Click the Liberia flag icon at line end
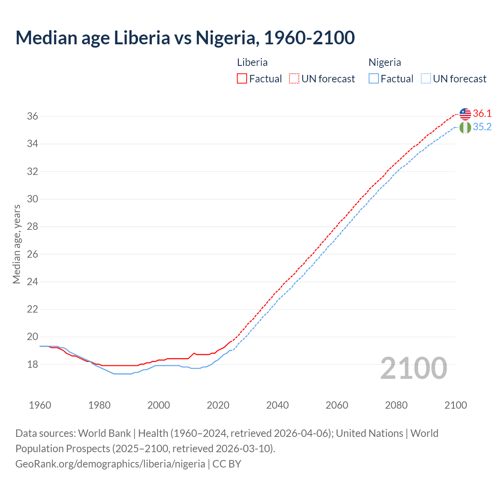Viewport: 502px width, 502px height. [x=465, y=114]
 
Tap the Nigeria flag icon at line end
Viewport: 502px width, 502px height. [x=465, y=127]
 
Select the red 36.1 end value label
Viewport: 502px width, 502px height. [x=482, y=114]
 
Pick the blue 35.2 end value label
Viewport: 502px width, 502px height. [x=482, y=127]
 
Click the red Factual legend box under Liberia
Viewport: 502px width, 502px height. [x=242, y=79]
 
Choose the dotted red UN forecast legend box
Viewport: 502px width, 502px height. [x=294, y=79]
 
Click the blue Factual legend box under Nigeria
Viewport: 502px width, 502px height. [x=374, y=79]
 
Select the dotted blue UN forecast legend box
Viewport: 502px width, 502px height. [x=426, y=79]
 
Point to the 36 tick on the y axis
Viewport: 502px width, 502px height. [x=33, y=116]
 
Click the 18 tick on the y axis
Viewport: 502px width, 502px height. [x=33, y=365]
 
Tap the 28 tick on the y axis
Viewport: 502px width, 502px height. [x=33, y=227]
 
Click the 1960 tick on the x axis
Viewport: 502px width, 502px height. [x=40, y=405]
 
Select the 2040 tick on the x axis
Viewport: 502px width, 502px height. [x=277, y=405]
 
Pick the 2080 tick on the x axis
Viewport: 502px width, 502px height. [x=396, y=405]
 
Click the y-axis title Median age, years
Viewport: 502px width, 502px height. [x=16, y=244]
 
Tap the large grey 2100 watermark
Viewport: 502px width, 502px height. [x=414, y=368]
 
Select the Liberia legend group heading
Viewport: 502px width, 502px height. [x=252, y=62]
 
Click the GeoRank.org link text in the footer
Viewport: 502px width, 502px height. [x=110, y=464]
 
